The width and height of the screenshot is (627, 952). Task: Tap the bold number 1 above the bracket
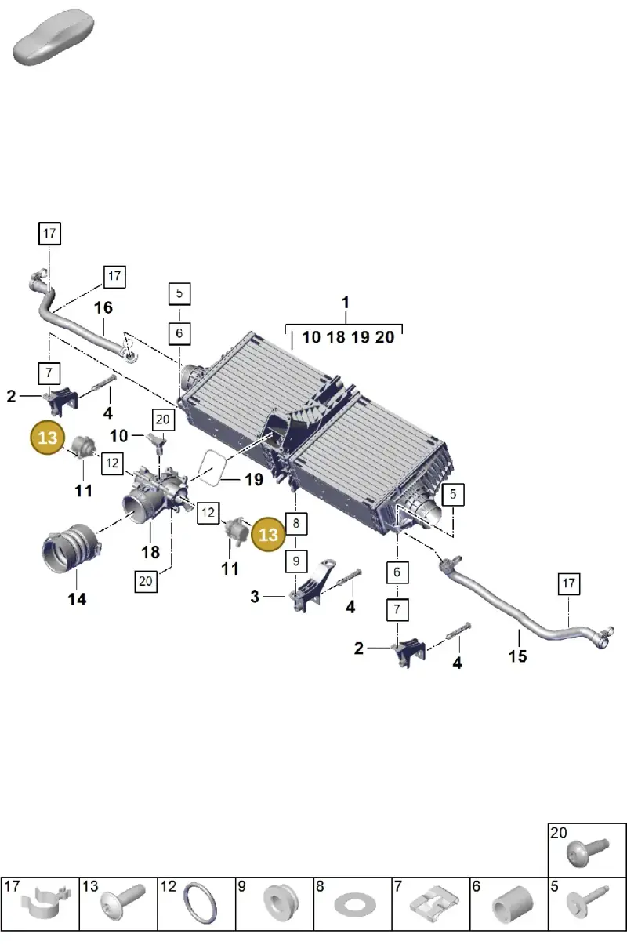pos(346,303)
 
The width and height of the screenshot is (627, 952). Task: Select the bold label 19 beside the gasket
pos(254,480)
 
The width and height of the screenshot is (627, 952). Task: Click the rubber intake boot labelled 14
pos(71,548)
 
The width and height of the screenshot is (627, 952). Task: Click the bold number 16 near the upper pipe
pos(103,307)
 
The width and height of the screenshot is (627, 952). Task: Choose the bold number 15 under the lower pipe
pos(518,656)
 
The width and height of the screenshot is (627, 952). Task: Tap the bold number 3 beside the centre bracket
pos(255,597)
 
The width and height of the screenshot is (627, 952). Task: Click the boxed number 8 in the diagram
pos(296,523)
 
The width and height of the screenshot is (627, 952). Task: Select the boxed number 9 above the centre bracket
pos(296,561)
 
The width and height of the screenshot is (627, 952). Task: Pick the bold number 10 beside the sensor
pos(118,436)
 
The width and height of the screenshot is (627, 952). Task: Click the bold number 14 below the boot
pos(77,599)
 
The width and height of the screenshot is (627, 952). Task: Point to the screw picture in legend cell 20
pos(588,852)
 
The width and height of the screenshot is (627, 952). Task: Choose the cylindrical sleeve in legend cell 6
pos(513,905)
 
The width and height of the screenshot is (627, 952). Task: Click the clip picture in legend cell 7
pos(434,904)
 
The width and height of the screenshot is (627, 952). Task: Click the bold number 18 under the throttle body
pos(150,553)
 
